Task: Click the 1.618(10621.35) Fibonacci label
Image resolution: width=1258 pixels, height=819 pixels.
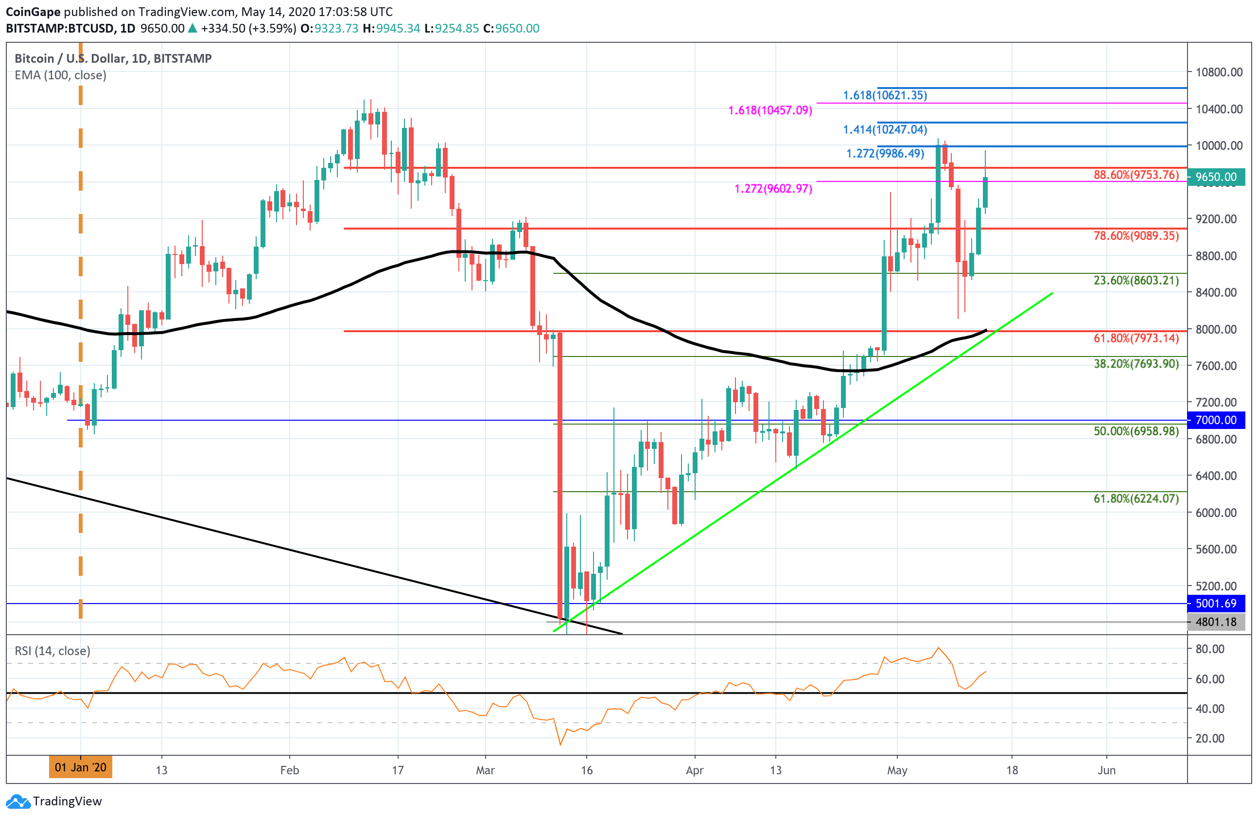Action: [884, 95]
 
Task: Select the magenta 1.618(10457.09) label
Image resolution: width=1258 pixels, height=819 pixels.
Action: [769, 110]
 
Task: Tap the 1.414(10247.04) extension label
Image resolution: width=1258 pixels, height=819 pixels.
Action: [884, 129]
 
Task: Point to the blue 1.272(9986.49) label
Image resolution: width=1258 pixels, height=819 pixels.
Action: [885, 153]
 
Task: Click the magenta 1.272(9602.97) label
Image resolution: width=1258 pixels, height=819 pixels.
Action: [773, 189]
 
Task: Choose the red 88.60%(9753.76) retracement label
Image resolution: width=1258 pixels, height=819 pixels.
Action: [1136, 175]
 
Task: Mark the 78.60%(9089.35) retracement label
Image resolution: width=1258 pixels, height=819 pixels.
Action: [1136, 236]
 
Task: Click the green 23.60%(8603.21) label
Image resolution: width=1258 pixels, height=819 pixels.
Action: [1136, 280]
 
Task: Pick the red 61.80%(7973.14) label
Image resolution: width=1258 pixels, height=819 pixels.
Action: [1136, 338]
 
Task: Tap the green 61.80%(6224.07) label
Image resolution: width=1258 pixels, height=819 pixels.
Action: [1136, 499]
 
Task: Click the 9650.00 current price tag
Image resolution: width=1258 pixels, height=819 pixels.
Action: [1216, 177]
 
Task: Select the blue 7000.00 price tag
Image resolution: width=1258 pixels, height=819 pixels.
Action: [1216, 420]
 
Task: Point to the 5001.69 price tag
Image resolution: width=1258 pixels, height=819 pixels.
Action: [1216, 603]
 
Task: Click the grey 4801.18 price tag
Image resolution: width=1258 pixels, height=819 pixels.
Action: [1216, 622]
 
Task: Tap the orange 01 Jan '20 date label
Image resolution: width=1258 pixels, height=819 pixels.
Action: [80, 767]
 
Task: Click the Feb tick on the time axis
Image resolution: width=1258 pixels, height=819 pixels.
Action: [289, 770]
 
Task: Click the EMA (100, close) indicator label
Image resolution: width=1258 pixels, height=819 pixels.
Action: [60, 75]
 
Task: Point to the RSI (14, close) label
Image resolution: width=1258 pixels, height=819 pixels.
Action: [52, 651]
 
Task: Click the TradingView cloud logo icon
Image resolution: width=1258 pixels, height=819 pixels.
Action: [18, 801]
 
